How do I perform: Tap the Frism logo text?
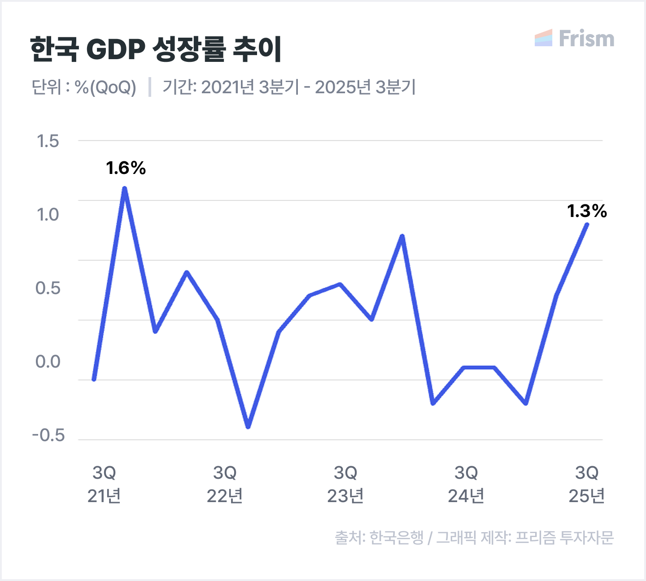click(586, 39)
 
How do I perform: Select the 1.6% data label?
click(126, 168)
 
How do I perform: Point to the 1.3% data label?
click(587, 211)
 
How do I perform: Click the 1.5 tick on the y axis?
click(48, 141)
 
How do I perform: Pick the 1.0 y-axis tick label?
click(48, 214)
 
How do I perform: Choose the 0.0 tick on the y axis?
click(48, 362)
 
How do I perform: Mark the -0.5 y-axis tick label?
click(48, 435)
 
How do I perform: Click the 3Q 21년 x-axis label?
click(104, 484)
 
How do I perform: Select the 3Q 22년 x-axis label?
click(225, 484)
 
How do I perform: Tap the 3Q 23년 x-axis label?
click(345, 484)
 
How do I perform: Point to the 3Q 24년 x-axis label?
click(466, 484)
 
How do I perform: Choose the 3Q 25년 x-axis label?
click(587, 484)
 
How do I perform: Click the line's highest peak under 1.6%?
click(125, 189)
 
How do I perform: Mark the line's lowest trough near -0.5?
click(248, 426)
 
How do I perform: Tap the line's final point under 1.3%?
click(587, 225)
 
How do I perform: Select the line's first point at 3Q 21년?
click(94, 379)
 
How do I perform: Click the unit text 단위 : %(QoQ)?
click(84, 87)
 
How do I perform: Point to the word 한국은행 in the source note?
click(397, 537)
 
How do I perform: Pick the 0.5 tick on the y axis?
click(48, 288)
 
